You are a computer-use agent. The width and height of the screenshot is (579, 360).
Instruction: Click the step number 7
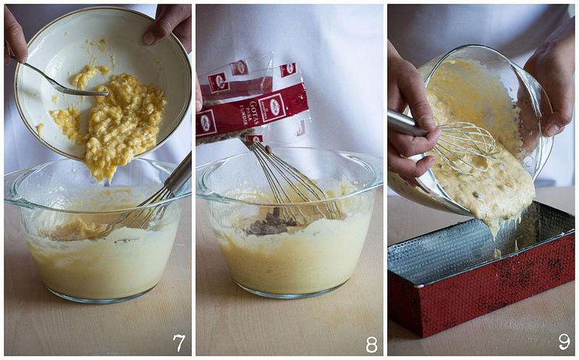pyautogui.click(x=178, y=343)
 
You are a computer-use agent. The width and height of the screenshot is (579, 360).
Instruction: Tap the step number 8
pyautogui.click(x=371, y=344)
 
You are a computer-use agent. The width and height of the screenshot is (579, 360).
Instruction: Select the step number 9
pyautogui.click(x=563, y=342)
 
